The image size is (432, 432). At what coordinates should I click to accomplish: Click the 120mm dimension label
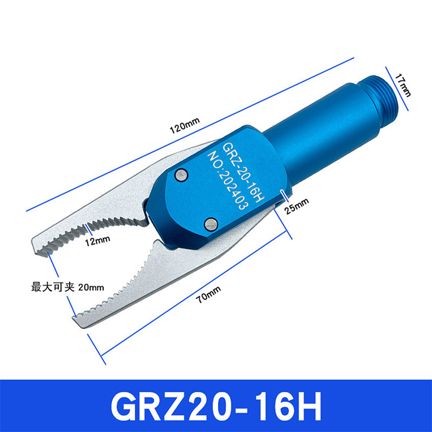coord(184,126)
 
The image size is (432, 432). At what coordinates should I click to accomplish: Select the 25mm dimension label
coord(296,205)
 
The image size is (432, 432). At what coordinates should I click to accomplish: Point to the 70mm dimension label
coord(209,294)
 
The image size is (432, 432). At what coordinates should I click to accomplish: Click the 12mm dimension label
coord(97,241)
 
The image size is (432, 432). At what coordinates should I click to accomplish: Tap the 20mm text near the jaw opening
coord(91,288)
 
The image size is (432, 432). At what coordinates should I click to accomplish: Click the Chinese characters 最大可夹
coord(53,287)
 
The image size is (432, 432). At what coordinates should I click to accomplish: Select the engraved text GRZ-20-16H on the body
coord(243,172)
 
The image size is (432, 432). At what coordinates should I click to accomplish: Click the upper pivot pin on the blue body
coord(181,175)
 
